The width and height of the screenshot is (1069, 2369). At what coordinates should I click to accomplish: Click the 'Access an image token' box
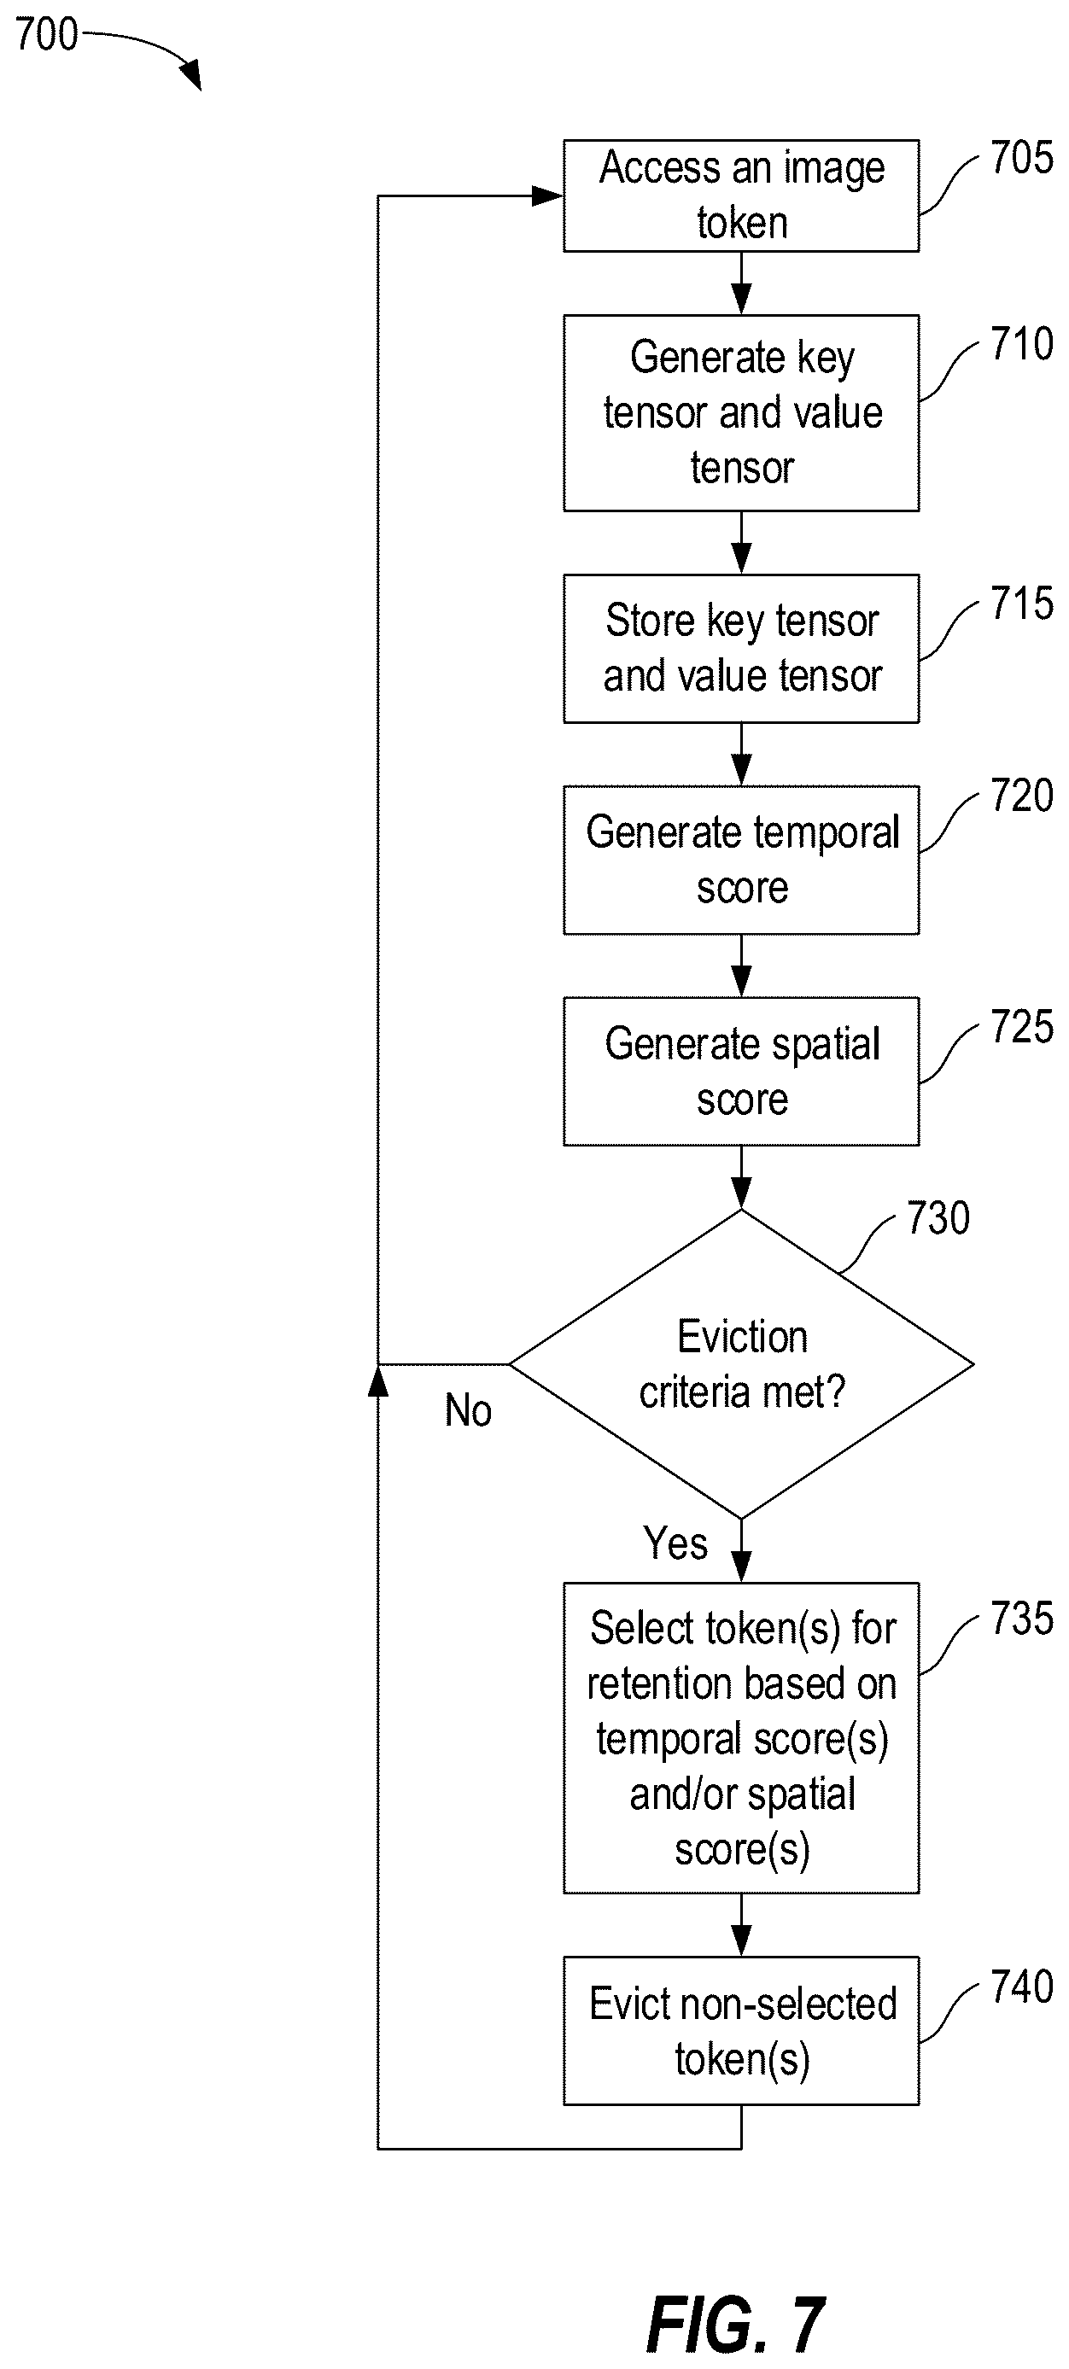point(740,195)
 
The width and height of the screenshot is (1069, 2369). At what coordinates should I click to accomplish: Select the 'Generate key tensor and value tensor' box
point(740,413)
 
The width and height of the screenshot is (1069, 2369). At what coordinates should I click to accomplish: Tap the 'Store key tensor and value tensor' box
point(740,648)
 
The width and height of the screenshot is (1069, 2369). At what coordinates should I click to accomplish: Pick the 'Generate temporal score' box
point(740,860)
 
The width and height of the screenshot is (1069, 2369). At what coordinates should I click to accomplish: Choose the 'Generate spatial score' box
point(740,1071)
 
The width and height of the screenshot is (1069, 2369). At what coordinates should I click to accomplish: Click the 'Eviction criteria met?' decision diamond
point(740,1364)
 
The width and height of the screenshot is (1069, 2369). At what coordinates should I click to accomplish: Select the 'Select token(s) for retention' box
point(740,1737)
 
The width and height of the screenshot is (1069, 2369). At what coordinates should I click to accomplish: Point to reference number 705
point(1021,158)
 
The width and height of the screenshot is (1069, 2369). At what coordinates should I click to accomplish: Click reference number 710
point(1021,344)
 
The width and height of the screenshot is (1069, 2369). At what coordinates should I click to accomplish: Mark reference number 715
point(1021,604)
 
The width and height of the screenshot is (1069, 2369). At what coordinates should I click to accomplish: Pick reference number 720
point(1021,796)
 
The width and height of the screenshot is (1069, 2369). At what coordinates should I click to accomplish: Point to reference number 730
point(938,1217)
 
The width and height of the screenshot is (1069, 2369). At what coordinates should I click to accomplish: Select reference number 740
point(1021,1987)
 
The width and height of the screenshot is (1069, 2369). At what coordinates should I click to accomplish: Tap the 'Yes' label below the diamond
point(675,1543)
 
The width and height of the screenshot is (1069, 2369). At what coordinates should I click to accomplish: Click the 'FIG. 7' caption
point(735,2325)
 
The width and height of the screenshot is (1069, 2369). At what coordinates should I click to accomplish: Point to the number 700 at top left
point(46,35)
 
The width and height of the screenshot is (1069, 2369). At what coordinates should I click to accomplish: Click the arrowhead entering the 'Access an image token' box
point(548,195)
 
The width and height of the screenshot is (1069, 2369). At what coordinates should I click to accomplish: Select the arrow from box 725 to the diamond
point(740,1177)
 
